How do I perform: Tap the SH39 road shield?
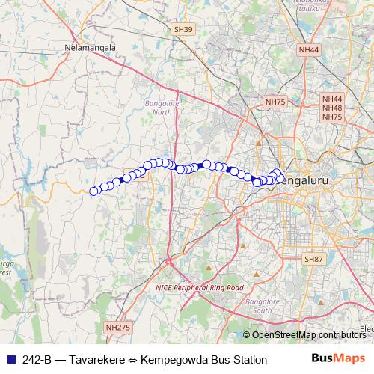(183, 29)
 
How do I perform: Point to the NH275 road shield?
(117, 328)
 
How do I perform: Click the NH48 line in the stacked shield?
(332, 108)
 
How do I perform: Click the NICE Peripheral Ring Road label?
(200, 287)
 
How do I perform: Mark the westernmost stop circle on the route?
(94, 191)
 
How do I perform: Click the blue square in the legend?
(8, 360)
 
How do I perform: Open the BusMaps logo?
(338, 359)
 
